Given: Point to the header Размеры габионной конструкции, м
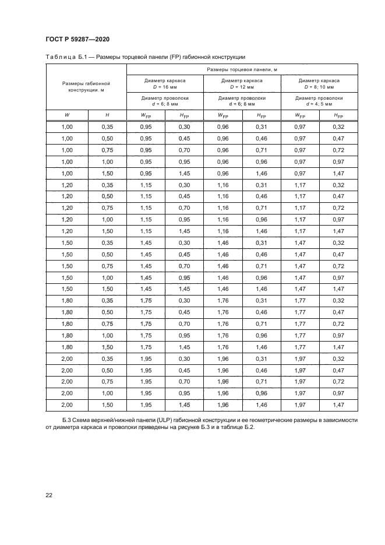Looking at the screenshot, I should tap(86, 87).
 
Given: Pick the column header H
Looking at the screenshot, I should tap(107, 115).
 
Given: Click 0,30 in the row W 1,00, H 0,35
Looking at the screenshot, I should tap(184, 126).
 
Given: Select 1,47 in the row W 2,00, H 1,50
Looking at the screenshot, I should tap(337, 404).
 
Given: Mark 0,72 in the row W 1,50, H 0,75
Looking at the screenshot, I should tap(337, 265).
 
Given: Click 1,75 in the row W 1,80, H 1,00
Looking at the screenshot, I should tap(146, 335).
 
